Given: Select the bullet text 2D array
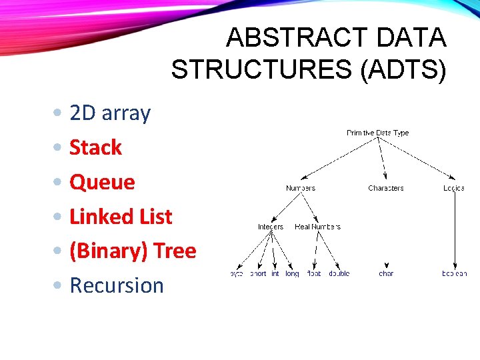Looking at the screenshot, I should (110, 113).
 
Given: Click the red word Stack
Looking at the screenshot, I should (95, 147).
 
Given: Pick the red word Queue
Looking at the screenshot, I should (102, 182).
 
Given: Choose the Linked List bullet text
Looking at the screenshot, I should (121, 217).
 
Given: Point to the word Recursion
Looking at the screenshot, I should (117, 285).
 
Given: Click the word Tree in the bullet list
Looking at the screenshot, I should (175, 251).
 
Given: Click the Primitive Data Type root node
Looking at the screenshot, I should (377, 133).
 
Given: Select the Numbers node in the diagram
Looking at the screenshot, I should (300, 188).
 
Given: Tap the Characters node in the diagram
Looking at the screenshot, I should (385, 188).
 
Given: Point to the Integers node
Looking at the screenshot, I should (270, 227).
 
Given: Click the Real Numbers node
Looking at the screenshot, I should (317, 227).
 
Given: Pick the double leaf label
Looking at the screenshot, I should (339, 273).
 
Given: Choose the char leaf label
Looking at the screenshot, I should (386, 273).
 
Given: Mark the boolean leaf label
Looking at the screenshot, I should (454, 273).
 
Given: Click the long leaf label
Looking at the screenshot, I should (292, 273).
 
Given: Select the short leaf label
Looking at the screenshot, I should (257, 273).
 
